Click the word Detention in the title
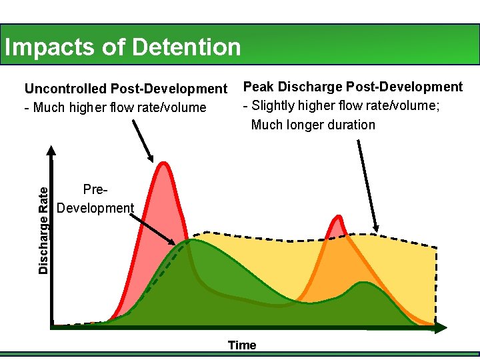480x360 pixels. click(x=186, y=47)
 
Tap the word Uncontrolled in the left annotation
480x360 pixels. click(x=66, y=89)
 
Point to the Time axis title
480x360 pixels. click(x=241, y=345)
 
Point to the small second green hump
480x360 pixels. click(x=363, y=284)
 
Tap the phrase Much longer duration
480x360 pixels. click(x=313, y=125)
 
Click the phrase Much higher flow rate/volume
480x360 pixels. click(x=120, y=107)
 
